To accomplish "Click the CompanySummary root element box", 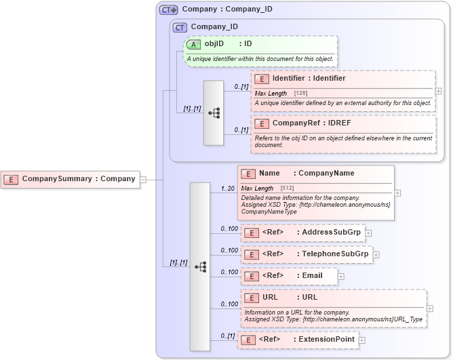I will tap(70, 180).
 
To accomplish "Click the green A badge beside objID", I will tap(193, 44).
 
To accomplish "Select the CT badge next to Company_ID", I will tap(180, 27).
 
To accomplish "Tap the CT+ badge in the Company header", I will tap(169, 9).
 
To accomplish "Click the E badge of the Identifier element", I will tap(262, 79).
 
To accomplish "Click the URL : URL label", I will tap(291, 297).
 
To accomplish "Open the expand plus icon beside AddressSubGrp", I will tap(369, 233).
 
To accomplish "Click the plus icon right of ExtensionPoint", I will tap(362, 340).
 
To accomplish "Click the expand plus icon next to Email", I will tap(341, 277).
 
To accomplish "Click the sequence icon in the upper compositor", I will tap(214, 113).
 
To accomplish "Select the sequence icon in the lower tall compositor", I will tap(200, 267).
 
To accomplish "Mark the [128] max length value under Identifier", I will tap(301, 93).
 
